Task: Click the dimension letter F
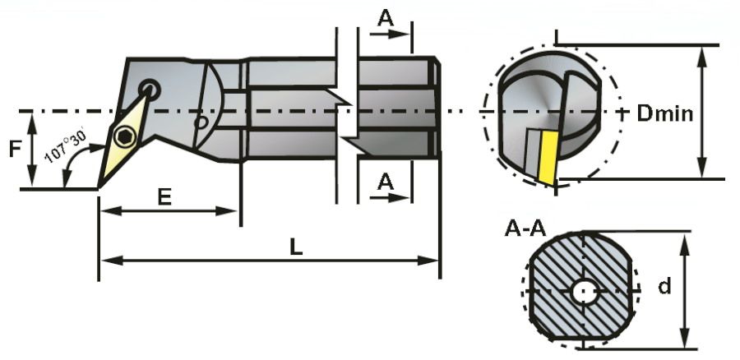point(14,150)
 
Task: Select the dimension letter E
point(164,197)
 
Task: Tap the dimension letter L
point(296,247)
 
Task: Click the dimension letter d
point(664,286)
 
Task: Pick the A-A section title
point(525,228)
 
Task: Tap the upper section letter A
point(385,17)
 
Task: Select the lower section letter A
point(385,182)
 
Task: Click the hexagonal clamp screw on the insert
point(125,137)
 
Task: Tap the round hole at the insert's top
point(149,88)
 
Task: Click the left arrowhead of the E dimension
point(104,211)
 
